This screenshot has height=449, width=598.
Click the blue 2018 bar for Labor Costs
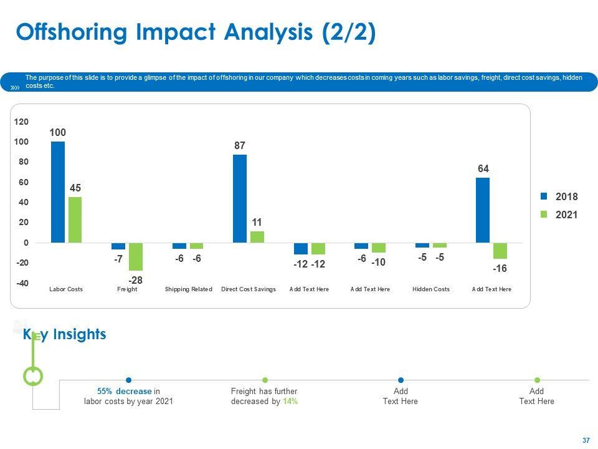pyautogui.click(x=58, y=192)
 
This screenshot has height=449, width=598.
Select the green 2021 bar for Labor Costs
pyautogui.click(x=75, y=220)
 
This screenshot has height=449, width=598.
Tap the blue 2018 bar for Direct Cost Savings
pyautogui.click(x=240, y=198)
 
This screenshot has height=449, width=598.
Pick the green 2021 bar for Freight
pyautogui.click(x=136, y=256)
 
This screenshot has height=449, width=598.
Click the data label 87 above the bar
pyautogui.click(x=240, y=145)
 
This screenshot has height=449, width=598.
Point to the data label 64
pyautogui.click(x=483, y=168)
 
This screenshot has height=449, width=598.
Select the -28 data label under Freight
pyautogui.click(x=136, y=281)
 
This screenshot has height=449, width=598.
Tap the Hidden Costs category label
pyautogui.click(x=431, y=289)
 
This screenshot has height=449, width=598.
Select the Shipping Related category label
pyautogui.click(x=189, y=289)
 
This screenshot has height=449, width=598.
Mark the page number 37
pyautogui.click(x=586, y=440)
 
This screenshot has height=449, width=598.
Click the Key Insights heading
pyautogui.click(x=65, y=335)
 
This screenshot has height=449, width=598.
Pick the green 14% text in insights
pyautogui.click(x=290, y=402)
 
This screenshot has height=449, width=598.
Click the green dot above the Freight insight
pyautogui.click(x=265, y=380)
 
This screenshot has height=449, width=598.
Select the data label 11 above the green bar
pyautogui.click(x=257, y=223)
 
